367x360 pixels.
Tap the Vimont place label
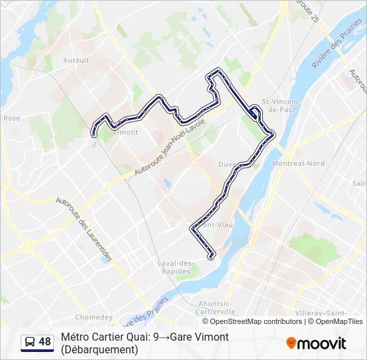click(x=125, y=132)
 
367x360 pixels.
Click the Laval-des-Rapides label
click(x=175, y=267)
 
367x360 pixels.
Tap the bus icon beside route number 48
click(x=30, y=342)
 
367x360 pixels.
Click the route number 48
click(x=45, y=342)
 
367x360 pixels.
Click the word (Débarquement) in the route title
click(x=99, y=349)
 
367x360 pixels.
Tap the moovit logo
click(x=316, y=343)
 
